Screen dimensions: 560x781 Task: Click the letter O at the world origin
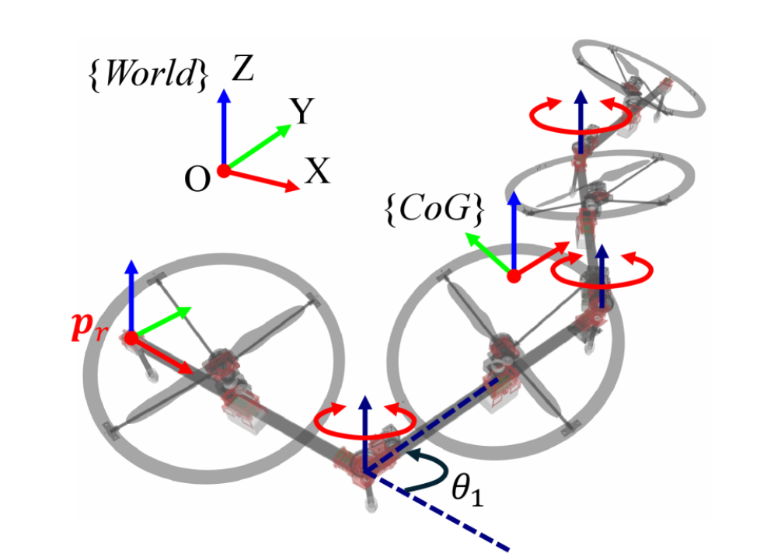coord(197,179)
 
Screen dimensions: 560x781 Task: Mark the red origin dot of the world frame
coord(223,172)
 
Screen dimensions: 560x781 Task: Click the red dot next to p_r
coord(131,338)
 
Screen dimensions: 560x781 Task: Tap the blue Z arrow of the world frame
coord(224,128)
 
